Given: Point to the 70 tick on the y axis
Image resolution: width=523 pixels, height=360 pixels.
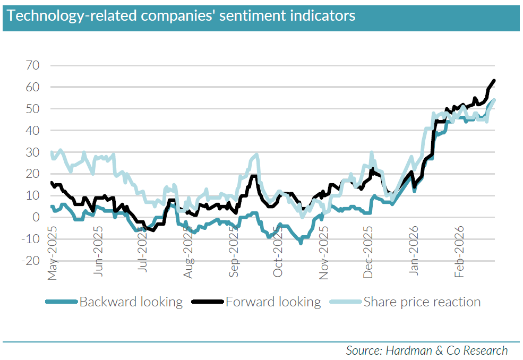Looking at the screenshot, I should (x=36, y=65).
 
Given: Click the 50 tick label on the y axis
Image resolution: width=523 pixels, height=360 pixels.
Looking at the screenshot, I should (x=36, y=109).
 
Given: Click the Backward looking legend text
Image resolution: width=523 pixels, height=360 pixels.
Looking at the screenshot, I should (x=131, y=302).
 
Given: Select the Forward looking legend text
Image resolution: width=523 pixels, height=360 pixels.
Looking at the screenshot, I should (x=273, y=302).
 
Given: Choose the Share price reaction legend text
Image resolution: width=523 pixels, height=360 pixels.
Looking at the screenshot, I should (x=422, y=302).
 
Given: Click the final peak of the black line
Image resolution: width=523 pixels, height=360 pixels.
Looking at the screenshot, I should (x=494, y=81).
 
